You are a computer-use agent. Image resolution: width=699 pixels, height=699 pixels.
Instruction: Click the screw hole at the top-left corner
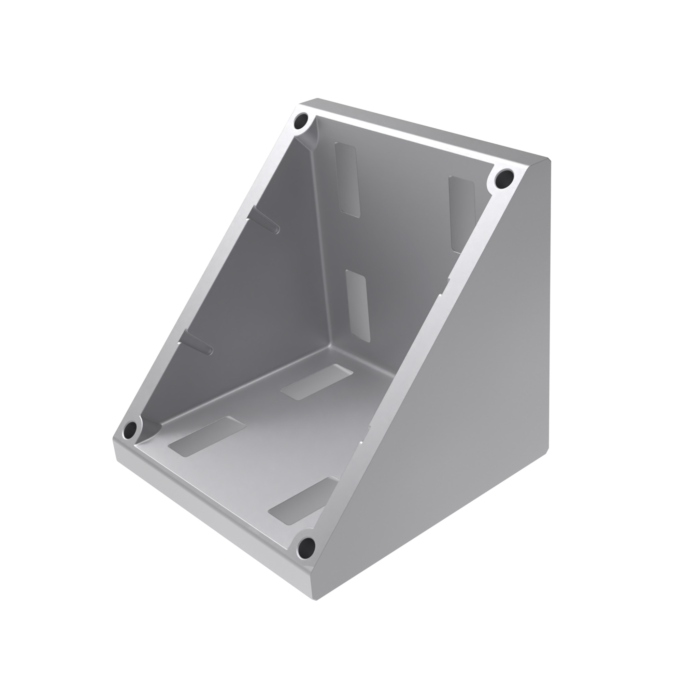coord(301,120)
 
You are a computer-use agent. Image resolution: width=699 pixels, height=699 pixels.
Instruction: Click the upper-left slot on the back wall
coord(348,180)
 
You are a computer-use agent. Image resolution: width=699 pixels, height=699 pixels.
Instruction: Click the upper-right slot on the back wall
coord(462,213)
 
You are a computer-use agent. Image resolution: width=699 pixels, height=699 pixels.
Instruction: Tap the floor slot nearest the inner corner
coord(317,382)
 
